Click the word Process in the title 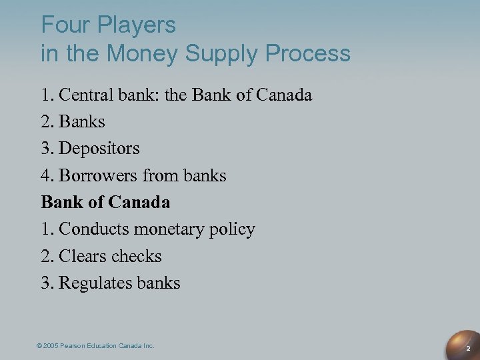[x=310, y=53]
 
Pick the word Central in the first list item [x=84, y=95]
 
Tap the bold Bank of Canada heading [x=105, y=202]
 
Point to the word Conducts [x=95, y=229]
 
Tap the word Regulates [x=90, y=283]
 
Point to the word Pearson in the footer [x=79, y=345]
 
